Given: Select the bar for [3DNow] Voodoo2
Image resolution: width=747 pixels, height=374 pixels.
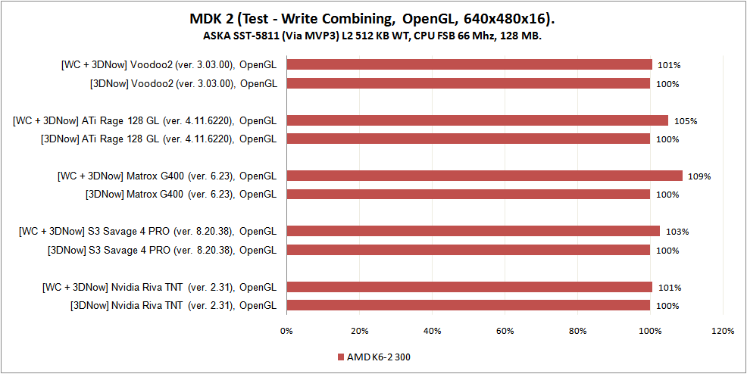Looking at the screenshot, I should [x=468, y=83].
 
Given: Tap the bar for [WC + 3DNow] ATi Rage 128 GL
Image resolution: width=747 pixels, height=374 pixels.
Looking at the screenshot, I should [x=477, y=120].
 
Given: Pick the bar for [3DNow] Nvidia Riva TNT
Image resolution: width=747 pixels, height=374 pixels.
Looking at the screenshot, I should [x=468, y=305].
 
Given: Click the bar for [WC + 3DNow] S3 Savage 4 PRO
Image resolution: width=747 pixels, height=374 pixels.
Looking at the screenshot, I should [x=474, y=231].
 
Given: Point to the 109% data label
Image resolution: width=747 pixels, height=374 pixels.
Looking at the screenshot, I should [x=699, y=176].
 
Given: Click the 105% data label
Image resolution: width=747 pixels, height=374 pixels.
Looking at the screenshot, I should [x=686, y=121].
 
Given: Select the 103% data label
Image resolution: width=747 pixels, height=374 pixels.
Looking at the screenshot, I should [x=677, y=232].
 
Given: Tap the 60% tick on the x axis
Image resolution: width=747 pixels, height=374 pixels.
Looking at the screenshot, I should [x=505, y=331].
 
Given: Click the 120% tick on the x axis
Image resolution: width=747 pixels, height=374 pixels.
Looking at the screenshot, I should [x=723, y=331].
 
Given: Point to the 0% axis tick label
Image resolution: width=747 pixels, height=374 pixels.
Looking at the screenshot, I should [x=286, y=331].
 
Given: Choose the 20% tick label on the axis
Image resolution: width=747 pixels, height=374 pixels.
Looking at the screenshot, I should [x=359, y=331].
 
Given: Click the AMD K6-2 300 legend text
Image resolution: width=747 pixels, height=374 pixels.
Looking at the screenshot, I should [x=379, y=356].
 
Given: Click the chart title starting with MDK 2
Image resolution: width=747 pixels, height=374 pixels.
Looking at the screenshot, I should [x=373, y=18].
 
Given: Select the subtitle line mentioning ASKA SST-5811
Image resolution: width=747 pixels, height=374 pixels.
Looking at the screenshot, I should [x=373, y=36].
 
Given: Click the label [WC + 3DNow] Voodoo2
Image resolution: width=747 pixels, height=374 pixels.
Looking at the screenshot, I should [x=168, y=65].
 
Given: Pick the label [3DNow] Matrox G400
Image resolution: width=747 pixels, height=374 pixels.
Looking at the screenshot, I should [x=181, y=195].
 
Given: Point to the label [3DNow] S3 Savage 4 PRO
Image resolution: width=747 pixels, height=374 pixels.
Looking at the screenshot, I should [x=161, y=250].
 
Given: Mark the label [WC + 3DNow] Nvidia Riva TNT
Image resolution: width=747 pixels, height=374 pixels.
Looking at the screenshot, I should [x=159, y=287].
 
